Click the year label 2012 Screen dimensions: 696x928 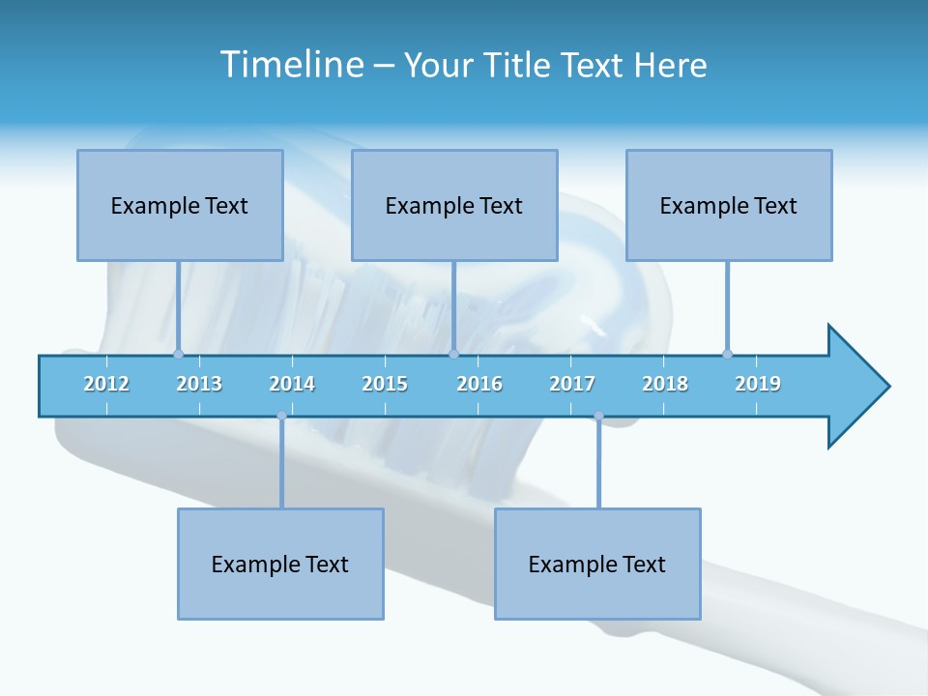click(106, 384)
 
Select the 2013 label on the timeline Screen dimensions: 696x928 click(199, 384)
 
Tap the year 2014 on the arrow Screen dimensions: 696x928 click(292, 384)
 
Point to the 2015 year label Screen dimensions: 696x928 click(385, 384)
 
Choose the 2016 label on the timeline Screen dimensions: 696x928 click(479, 384)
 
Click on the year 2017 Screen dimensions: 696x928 click(572, 384)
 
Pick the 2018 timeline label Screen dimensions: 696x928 click(665, 384)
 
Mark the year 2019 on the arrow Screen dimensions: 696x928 click(758, 384)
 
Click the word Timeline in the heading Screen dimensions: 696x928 click(291, 65)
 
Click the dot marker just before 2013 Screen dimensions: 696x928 click(178, 354)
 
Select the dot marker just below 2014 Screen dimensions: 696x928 click(281, 416)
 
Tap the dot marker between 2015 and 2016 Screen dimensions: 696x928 click(453, 354)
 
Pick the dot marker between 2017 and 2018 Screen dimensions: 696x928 click(598, 416)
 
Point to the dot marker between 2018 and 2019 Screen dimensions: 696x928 click(727, 354)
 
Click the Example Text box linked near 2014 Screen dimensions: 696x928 click(280, 564)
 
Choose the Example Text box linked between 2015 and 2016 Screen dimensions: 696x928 click(454, 205)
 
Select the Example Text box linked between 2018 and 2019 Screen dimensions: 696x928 click(729, 205)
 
